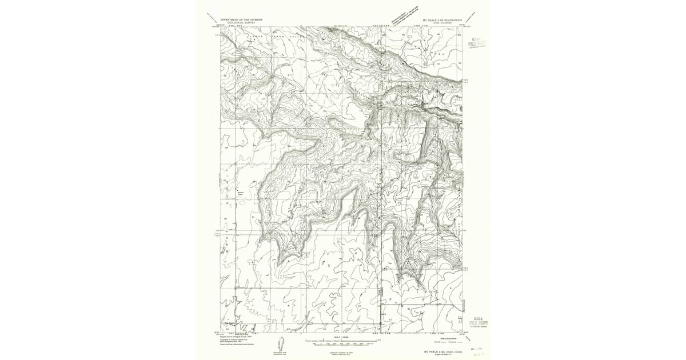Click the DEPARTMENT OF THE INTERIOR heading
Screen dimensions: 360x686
(x=241, y=19)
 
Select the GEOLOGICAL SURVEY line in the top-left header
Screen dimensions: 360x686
(x=241, y=22)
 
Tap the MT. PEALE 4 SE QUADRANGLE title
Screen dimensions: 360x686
(x=442, y=19)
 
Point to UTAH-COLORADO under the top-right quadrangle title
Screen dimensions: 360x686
(x=442, y=22)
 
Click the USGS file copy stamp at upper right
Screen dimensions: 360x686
(x=476, y=44)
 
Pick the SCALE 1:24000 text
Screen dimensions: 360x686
(x=342, y=338)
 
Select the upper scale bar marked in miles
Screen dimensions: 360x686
(x=342, y=341)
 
